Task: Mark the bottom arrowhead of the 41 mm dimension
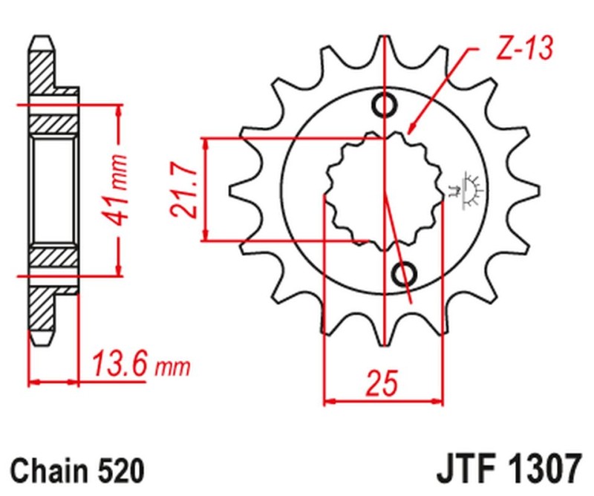[118, 270]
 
